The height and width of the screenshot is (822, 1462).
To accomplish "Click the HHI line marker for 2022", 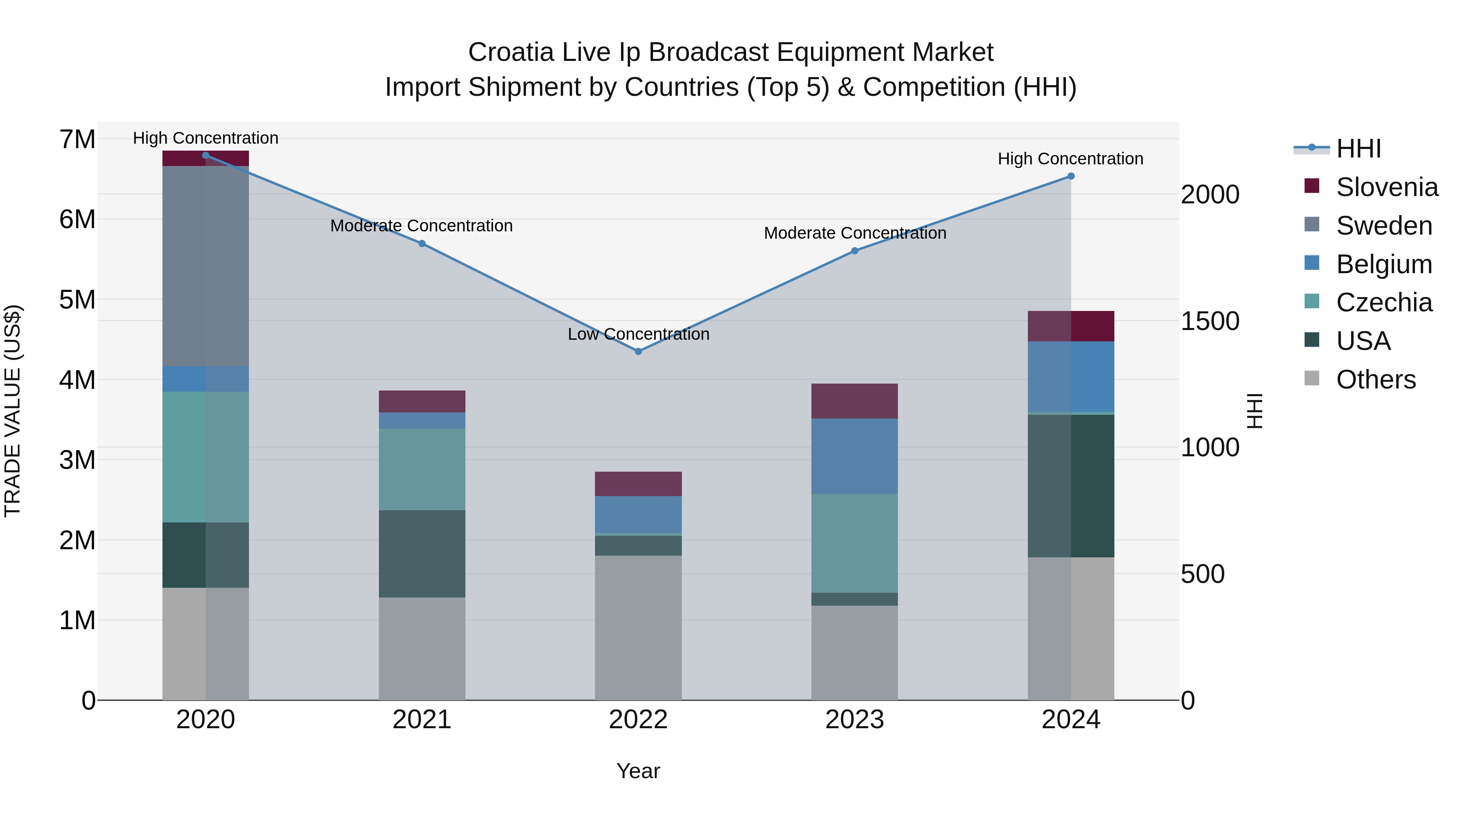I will click(x=638, y=351).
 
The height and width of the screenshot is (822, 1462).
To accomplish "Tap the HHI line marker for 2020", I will click(x=205, y=155).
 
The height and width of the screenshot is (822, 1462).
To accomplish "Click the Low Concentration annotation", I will click(x=638, y=334).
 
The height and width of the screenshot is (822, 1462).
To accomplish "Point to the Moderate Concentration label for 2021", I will click(x=421, y=226).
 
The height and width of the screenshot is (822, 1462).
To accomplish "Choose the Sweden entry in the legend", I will click(x=1384, y=226).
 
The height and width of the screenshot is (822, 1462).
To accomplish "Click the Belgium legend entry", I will click(x=1384, y=264).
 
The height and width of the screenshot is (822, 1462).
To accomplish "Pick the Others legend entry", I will click(x=1376, y=380).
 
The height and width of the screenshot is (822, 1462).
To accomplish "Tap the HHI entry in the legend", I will click(x=1358, y=149).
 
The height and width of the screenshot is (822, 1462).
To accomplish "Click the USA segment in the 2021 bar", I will click(x=422, y=554).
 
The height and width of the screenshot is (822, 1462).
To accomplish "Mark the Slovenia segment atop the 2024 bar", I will click(x=1071, y=326).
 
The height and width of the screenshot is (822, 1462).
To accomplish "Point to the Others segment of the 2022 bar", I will click(x=638, y=628).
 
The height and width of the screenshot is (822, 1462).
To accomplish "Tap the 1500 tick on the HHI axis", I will click(x=1209, y=321).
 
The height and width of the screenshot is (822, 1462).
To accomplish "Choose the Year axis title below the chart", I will click(x=638, y=771).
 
